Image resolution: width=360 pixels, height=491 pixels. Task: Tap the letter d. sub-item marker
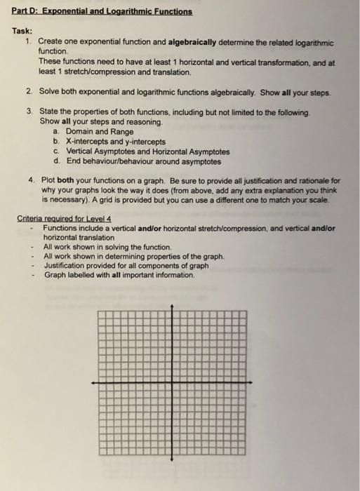(x=55, y=161)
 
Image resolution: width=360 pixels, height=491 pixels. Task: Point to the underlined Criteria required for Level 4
(x=65, y=218)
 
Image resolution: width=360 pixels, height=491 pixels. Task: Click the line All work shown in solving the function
(x=107, y=247)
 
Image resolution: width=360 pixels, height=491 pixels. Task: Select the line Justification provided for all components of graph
(x=126, y=266)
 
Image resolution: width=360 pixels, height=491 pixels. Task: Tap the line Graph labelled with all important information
(x=119, y=275)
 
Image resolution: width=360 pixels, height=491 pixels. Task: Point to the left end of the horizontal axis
(x=93, y=382)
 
